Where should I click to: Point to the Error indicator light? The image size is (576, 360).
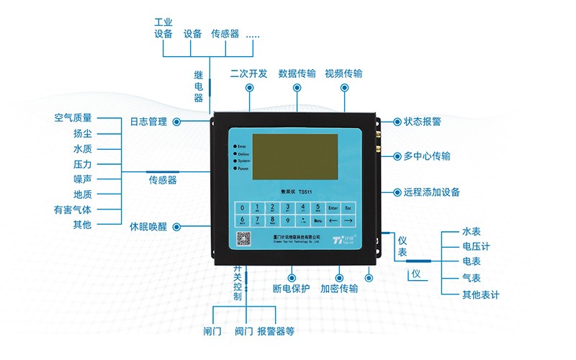pos(235,146)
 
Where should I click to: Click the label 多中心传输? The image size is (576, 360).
pos(427,156)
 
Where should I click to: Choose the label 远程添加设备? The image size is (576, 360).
pos(431,192)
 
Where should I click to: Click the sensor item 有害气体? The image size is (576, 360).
pos(73,210)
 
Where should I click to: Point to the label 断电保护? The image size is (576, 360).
pos(291,289)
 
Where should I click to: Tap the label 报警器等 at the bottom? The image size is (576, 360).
pos(276,331)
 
